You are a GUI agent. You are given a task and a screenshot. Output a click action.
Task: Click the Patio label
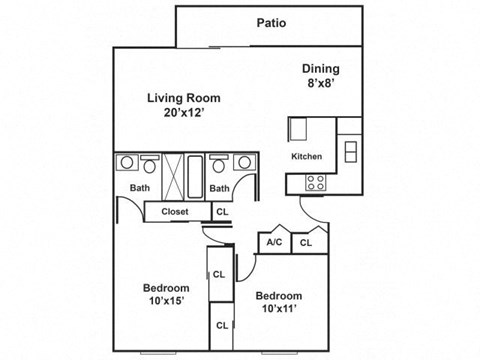click(268, 22)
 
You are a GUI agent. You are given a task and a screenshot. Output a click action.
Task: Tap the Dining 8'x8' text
click(321, 77)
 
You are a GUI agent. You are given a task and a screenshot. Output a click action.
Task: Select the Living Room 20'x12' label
click(183, 106)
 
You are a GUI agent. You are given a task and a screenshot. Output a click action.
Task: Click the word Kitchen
click(306, 157)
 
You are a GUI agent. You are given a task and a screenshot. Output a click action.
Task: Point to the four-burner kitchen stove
click(317, 183)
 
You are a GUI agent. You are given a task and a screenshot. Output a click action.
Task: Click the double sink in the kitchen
click(349, 150)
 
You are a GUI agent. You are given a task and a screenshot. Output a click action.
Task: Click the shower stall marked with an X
click(169, 176)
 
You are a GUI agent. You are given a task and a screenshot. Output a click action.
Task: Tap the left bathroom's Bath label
click(139, 188)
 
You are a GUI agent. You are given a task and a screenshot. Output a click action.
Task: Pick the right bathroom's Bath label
click(220, 188)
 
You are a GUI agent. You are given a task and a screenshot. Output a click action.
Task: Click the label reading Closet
click(175, 212)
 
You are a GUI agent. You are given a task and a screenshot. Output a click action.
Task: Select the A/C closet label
click(274, 242)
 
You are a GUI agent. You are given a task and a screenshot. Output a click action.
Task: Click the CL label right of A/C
click(307, 242)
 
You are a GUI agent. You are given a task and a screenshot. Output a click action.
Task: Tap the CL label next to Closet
click(223, 212)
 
